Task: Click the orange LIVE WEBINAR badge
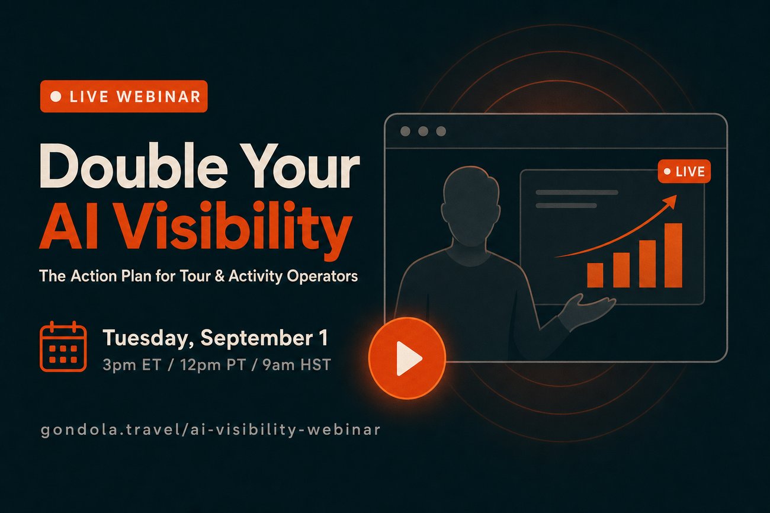click(124, 97)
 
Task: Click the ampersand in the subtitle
click(220, 276)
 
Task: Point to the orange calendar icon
click(63, 347)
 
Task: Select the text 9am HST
click(297, 365)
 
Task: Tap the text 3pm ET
click(132, 365)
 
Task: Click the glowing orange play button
click(407, 358)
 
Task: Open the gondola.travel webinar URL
click(210, 430)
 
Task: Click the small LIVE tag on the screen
click(684, 171)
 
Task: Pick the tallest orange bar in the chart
click(673, 255)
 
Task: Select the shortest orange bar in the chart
click(595, 275)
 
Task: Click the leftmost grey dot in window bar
click(405, 131)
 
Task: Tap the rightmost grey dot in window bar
click(441, 131)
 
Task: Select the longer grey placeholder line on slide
click(577, 193)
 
